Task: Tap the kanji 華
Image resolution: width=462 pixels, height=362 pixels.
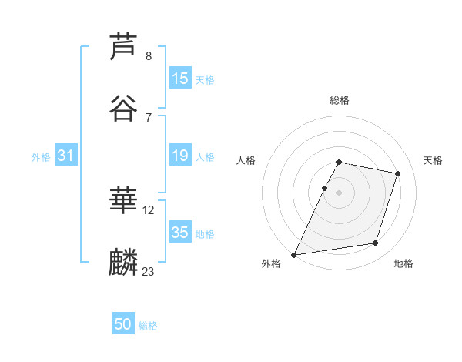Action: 123,201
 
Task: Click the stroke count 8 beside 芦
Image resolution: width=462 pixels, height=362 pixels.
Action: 148,56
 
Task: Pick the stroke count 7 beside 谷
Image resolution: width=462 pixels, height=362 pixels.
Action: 148,117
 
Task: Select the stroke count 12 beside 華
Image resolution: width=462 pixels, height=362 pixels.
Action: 149,209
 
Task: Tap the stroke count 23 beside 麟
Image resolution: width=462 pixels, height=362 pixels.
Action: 149,271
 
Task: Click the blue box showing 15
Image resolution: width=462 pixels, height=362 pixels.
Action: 180,79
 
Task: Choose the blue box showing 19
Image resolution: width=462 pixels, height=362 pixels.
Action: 180,156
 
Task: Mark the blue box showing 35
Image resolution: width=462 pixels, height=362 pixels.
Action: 180,233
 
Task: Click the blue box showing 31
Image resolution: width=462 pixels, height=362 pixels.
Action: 66,156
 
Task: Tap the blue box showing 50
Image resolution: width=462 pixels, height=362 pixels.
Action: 123,324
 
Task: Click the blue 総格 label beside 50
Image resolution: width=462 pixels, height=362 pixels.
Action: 148,326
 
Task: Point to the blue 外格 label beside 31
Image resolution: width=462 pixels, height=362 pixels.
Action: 41,157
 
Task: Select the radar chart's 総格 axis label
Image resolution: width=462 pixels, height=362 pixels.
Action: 340,101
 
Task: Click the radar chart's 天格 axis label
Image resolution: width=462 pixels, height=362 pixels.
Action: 434,160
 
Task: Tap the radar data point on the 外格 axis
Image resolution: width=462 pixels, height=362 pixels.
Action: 294,255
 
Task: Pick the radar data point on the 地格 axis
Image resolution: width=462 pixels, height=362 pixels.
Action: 376,243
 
